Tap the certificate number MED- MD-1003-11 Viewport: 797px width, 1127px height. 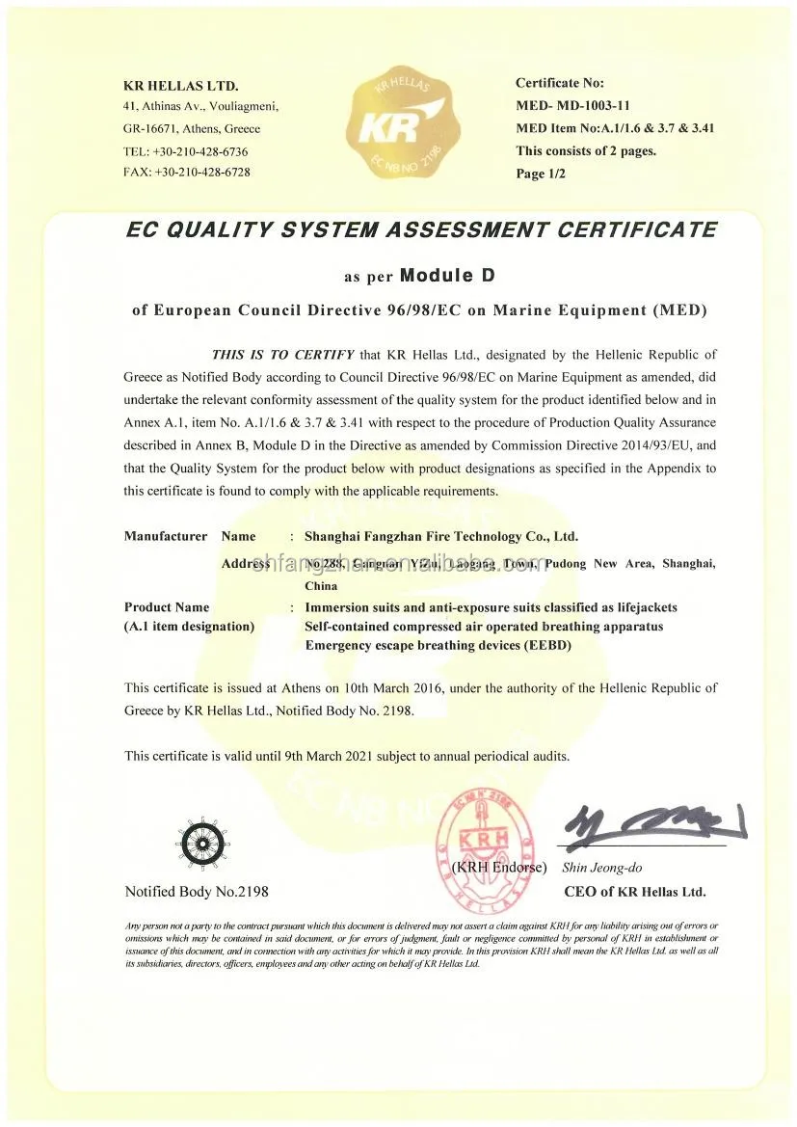572,105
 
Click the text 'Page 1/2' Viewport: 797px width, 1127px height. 541,174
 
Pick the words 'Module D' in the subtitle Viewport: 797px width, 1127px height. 446,276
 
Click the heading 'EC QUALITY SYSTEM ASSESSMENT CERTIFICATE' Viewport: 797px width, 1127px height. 421,230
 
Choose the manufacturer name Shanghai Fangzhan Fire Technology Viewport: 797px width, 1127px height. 441,536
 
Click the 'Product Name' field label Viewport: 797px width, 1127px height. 167,607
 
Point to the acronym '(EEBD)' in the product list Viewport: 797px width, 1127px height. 547,645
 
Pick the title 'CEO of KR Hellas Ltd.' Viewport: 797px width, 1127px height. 634,891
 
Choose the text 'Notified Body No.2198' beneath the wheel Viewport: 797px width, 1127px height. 197,891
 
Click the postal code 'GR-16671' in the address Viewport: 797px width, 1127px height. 151,129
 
